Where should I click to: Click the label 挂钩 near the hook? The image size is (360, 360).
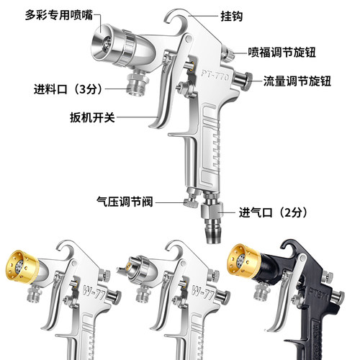tap(231, 17)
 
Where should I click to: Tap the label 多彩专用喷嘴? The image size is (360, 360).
tap(59, 15)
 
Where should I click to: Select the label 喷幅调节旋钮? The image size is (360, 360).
tap(282, 53)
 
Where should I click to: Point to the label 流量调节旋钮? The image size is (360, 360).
tap(297, 81)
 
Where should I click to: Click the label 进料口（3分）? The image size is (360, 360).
tap(68, 89)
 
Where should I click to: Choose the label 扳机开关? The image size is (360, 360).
tap(92, 117)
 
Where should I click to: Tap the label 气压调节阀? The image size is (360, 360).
tap(125, 202)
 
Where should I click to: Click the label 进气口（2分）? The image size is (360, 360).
tap(273, 212)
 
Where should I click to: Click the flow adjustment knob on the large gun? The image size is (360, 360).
tap(243, 81)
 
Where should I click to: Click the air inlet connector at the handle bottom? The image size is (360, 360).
tap(212, 216)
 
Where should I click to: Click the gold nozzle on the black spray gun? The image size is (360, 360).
tap(243, 261)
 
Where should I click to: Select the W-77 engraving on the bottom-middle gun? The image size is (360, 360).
tap(203, 292)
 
